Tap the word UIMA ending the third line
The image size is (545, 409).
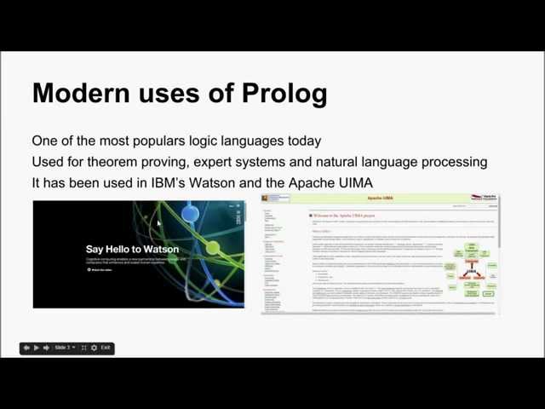click(353, 182)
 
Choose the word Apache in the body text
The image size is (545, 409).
click(307, 182)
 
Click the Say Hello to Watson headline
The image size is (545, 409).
click(132, 249)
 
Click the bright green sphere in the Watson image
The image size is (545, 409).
click(213, 248)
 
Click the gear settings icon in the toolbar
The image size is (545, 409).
click(94, 348)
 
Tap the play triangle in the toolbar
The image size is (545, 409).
click(37, 348)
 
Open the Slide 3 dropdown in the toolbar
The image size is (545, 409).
click(65, 348)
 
